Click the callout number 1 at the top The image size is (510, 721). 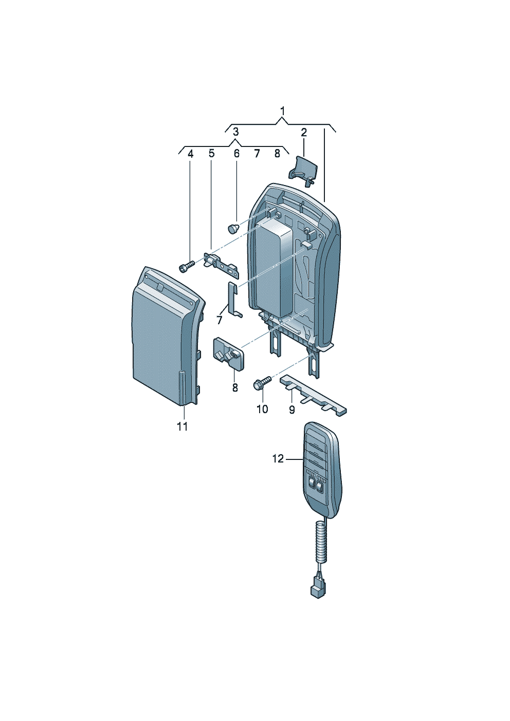pyautogui.click(x=282, y=110)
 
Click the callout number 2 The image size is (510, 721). pyautogui.click(x=304, y=132)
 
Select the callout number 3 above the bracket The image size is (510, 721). pyautogui.click(x=235, y=132)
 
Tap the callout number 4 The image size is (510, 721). pyautogui.click(x=190, y=153)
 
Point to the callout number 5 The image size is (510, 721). pyautogui.click(x=211, y=153)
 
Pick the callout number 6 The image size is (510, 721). pyautogui.click(x=236, y=153)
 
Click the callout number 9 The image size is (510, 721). pyautogui.click(x=292, y=410)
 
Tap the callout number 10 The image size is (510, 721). pyautogui.click(x=262, y=409)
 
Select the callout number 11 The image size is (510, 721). pyautogui.click(x=182, y=427)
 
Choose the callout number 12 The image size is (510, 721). pyautogui.click(x=278, y=458)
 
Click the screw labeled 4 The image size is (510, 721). pyautogui.click(x=186, y=266)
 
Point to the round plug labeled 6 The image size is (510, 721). pyautogui.click(x=234, y=227)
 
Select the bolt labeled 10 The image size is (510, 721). pyautogui.click(x=262, y=383)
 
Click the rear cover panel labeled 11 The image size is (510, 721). pyautogui.click(x=165, y=339)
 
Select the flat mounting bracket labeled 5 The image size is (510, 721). pyautogui.click(x=221, y=263)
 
